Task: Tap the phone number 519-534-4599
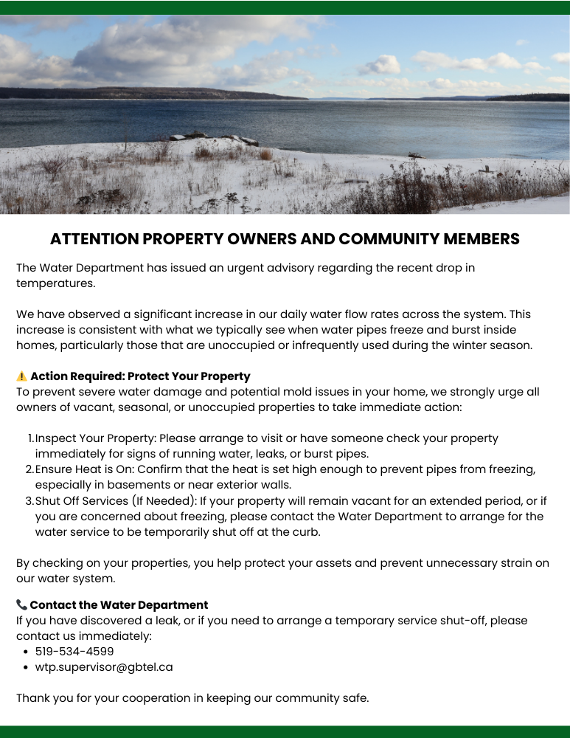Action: pos(74,651)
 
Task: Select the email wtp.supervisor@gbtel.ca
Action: pos(104,666)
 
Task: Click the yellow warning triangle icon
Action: pos(21,376)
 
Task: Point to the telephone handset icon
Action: pos(21,605)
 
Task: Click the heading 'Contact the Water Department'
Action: pos(119,605)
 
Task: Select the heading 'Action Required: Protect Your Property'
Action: pos(140,376)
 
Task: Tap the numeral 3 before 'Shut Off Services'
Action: pos(29,500)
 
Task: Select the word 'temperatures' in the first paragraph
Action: pos(55,283)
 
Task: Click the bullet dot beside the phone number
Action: pos(25,652)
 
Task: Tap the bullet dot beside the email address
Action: pos(25,667)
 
